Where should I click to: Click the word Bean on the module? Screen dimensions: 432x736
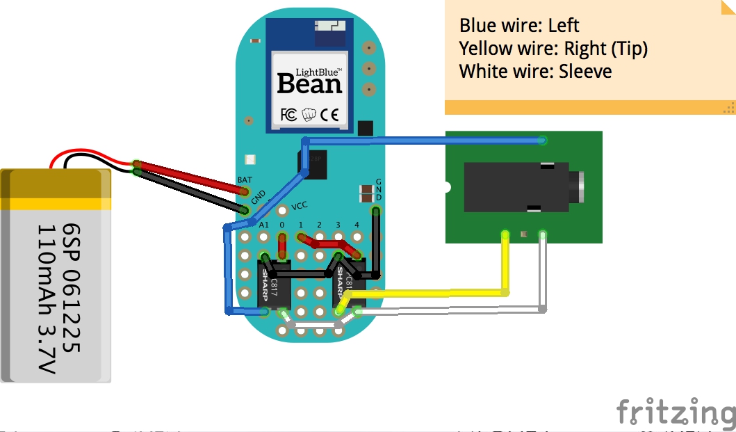(x=310, y=85)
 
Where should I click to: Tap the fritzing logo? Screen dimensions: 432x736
(x=675, y=412)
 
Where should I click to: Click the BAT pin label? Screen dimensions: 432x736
(x=245, y=179)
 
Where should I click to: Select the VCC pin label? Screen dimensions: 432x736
(x=300, y=206)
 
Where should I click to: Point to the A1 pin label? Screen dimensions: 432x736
(x=263, y=225)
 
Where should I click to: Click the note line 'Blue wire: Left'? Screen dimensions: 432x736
(x=519, y=26)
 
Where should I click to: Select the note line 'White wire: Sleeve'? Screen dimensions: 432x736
(x=535, y=71)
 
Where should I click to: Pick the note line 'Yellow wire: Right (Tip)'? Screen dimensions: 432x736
(x=553, y=49)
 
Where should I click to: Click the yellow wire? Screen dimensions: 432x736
(x=431, y=294)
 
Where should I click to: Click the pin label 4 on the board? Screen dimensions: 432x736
(x=357, y=225)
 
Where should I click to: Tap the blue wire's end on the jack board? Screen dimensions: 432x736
(x=543, y=141)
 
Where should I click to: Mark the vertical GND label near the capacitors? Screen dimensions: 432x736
(x=379, y=189)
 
